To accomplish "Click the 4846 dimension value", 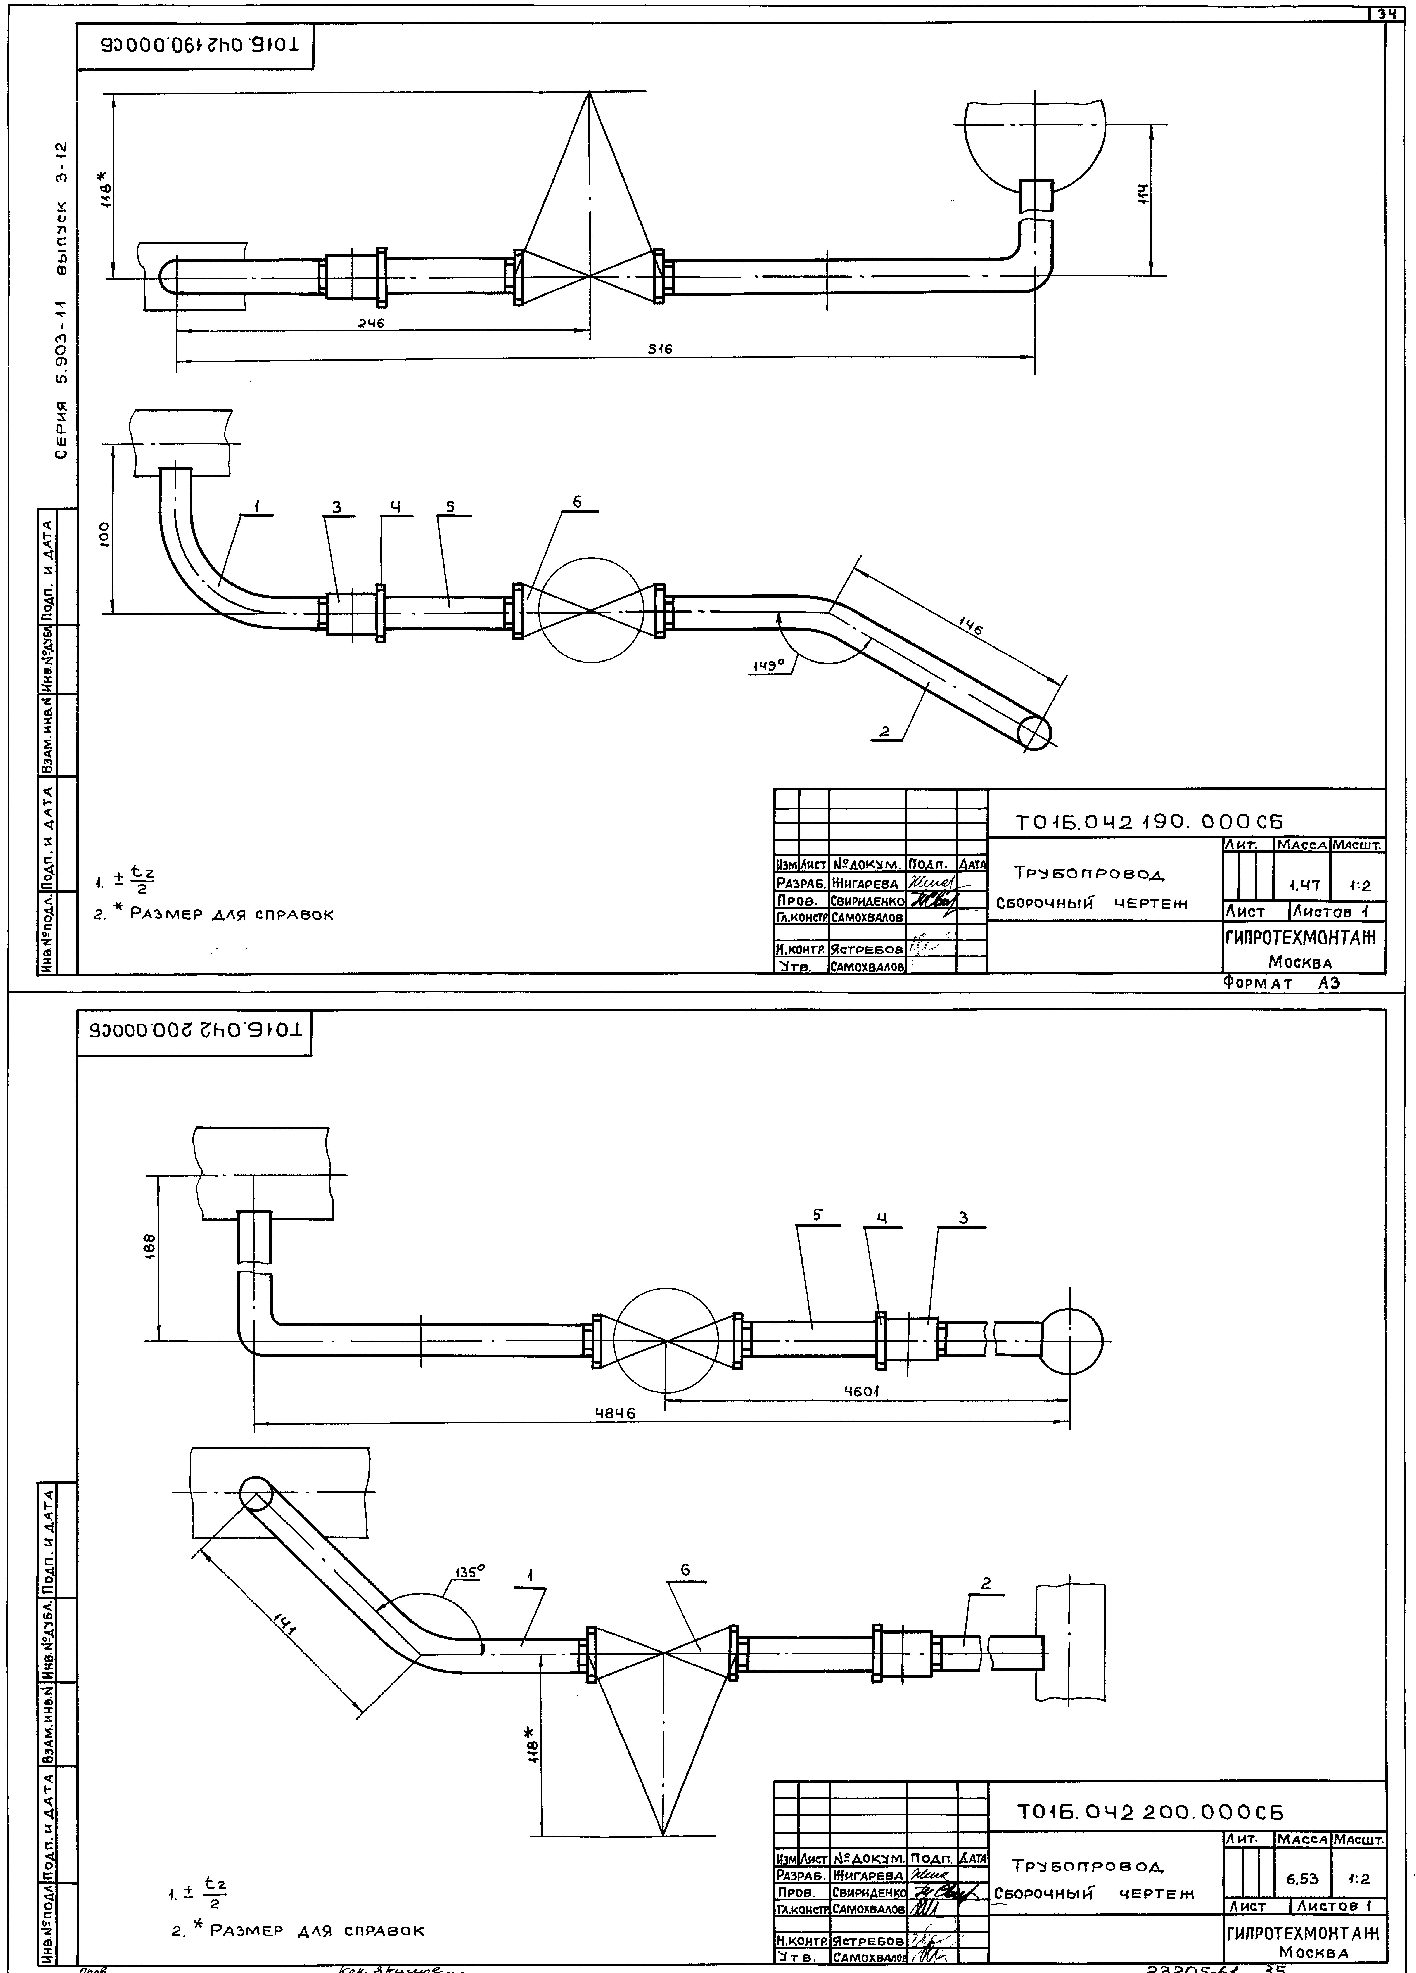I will point(615,1414).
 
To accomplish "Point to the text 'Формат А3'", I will point(1279,983).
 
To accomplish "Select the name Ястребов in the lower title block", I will point(868,1940).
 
